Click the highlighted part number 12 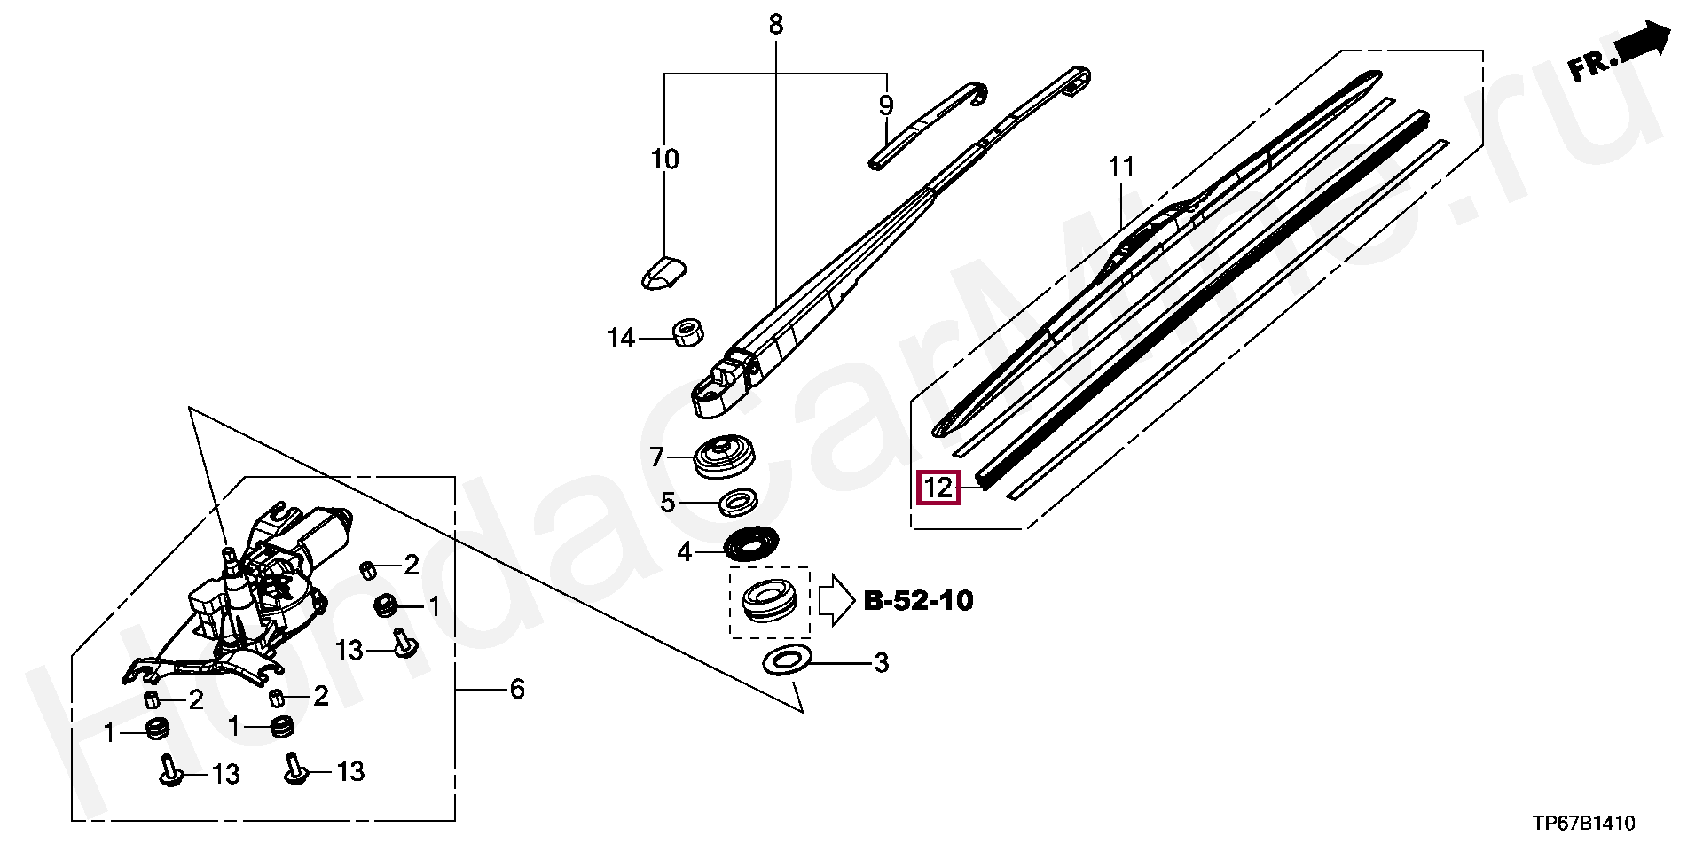click(x=938, y=488)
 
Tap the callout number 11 click(x=1121, y=167)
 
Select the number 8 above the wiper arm click(x=776, y=25)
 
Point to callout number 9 click(x=886, y=106)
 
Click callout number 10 click(x=664, y=160)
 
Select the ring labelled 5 click(x=736, y=503)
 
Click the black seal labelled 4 click(x=750, y=545)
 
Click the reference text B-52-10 click(x=918, y=601)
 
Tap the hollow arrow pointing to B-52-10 click(x=834, y=601)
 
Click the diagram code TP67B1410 click(x=1583, y=824)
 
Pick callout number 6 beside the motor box click(x=516, y=689)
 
